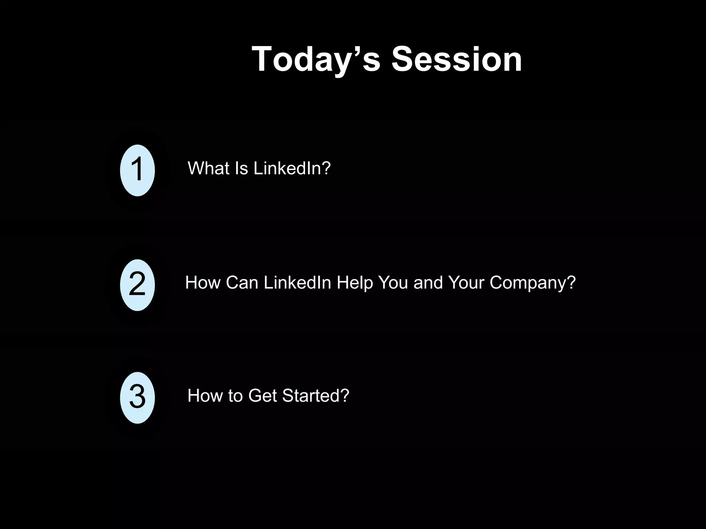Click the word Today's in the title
click(316, 60)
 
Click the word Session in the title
click(456, 60)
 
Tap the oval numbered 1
click(137, 170)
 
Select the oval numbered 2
click(137, 285)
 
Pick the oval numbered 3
click(137, 397)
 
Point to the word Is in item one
click(241, 168)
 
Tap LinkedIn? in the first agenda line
click(292, 168)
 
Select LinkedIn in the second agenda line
click(297, 283)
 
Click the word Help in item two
click(355, 283)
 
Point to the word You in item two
click(393, 283)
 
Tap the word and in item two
click(428, 283)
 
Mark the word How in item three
click(205, 396)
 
